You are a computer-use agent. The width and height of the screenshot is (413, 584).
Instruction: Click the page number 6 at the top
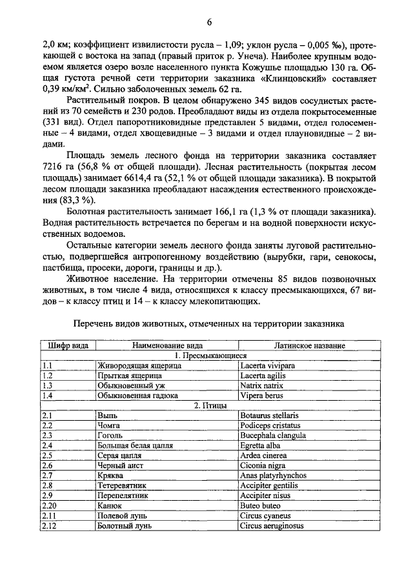[x=210, y=23]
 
